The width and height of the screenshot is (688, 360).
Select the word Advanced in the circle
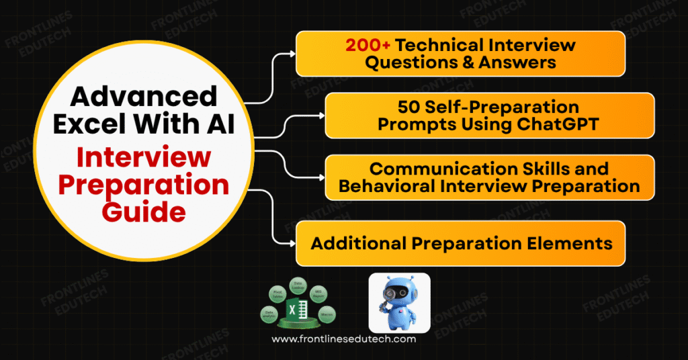(144, 97)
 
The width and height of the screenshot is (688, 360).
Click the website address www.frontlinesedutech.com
(343, 339)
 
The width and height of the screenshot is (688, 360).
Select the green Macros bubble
(327, 314)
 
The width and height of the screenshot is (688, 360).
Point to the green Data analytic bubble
(270, 314)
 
